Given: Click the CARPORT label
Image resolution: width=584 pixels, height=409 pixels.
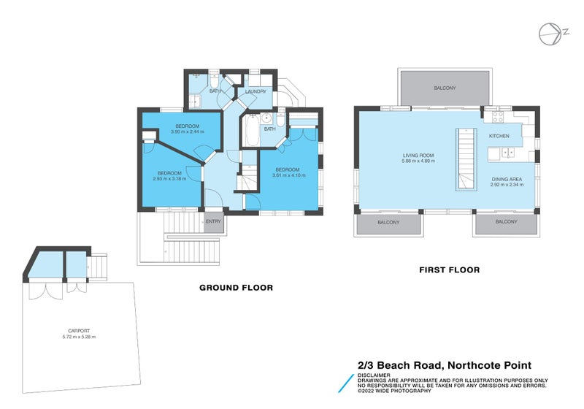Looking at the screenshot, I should click(79, 331).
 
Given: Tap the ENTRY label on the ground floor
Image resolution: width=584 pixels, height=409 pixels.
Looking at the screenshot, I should click(213, 221).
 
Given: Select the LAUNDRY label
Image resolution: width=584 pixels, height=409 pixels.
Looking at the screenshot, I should click(255, 91).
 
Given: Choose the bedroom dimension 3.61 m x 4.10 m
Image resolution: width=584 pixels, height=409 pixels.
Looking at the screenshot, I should click(285, 173).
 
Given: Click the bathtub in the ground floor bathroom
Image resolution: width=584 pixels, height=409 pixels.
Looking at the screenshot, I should click(250, 134).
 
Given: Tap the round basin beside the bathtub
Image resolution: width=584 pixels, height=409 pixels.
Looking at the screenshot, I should click(267, 118).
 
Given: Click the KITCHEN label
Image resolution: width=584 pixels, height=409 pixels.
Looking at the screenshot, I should click(499, 136).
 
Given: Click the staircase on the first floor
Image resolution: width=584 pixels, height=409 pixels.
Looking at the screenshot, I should click(465, 160).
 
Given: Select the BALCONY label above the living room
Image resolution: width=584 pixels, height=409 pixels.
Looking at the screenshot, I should click(445, 88).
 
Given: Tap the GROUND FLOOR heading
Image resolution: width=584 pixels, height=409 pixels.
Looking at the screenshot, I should click(236, 288).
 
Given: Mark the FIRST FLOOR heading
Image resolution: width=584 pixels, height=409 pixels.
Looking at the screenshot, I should click(449, 270).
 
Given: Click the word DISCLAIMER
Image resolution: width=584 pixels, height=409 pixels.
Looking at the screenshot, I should click(373, 375).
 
